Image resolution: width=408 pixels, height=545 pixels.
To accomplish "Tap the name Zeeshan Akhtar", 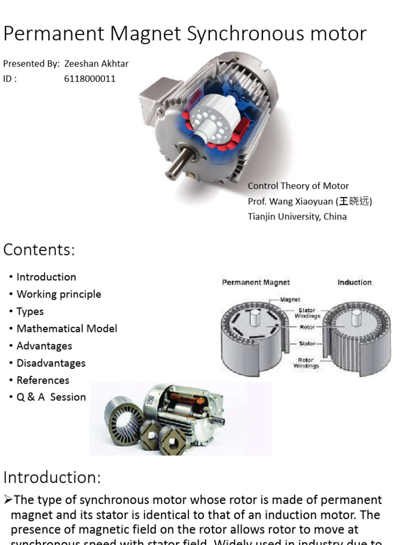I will pyautogui.click(x=96, y=64).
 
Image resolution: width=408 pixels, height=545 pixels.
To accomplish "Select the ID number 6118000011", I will pyautogui.click(x=90, y=79).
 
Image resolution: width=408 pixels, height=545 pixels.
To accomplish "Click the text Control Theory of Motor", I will pyautogui.click(x=298, y=186).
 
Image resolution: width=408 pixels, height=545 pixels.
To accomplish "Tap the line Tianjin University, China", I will pyautogui.click(x=297, y=217).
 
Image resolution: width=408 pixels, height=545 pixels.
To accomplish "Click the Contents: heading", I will pyautogui.click(x=39, y=249).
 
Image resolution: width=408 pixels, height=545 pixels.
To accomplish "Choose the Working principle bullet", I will pyautogui.click(x=58, y=294).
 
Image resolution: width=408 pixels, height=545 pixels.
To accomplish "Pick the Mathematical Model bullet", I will pyautogui.click(x=66, y=329).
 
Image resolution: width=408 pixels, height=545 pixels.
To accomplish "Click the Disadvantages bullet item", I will pyautogui.click(x=50, y=363).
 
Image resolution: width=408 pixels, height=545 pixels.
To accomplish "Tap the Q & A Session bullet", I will pyautogui.click(x=51, y=397).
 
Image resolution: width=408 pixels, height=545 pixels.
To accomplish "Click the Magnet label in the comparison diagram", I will pyautogui.click(x=291, y=300).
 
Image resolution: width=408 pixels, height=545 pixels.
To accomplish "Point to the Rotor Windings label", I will pyautogui.click(x=306, y=363).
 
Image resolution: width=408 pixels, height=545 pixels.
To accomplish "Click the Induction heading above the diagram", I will pyautogui.click(x=354, y=283).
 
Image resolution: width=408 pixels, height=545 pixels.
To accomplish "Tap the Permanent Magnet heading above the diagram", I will pyautogui.click(x=256, y=283).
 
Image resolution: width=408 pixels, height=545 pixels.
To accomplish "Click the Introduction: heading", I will pyautogui.click(x=52, y=477).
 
